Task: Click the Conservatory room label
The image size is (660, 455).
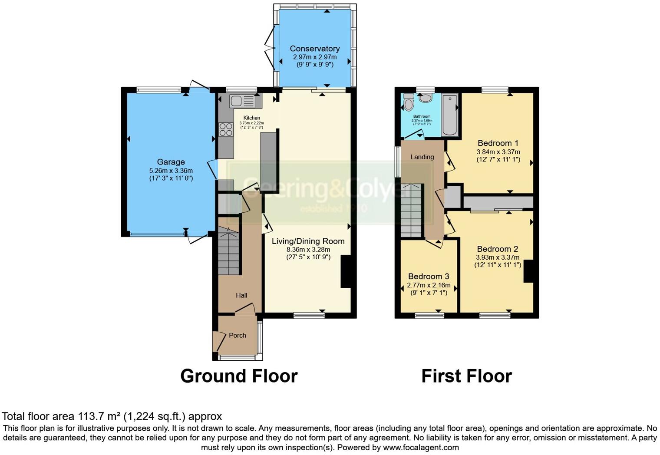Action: coord(314,49)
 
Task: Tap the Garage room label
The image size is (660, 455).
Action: coord(171,162)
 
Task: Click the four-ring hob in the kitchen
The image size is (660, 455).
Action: coord(226,129)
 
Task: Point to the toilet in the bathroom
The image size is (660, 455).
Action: coord(409,102)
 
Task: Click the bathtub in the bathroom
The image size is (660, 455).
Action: coord(449,115)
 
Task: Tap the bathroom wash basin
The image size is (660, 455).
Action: coord(425,99)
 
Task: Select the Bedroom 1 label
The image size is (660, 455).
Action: coord(498,143)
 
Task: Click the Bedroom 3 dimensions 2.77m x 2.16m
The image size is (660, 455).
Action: coord(428,286)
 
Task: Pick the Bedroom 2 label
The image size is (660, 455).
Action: coord(497,249)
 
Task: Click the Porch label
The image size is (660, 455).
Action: coord(237,335)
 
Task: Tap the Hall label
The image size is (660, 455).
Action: coord(241,295)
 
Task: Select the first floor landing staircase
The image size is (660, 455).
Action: coord(411,210)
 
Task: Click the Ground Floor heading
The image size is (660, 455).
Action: coord(239,376)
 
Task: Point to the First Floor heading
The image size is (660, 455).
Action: coord(466,376)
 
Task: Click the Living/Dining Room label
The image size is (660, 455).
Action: coord(308,241)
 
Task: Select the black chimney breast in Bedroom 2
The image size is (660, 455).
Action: coord(528,271)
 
